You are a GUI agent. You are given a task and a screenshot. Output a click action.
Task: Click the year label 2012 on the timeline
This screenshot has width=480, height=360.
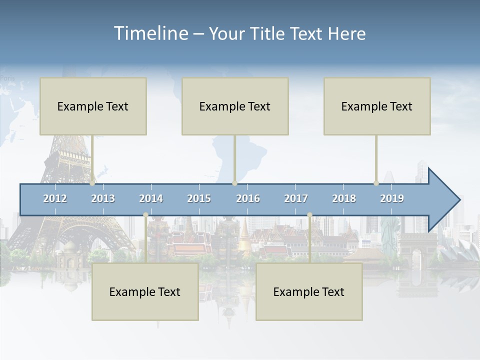pyautogui.click(x=55, y=198)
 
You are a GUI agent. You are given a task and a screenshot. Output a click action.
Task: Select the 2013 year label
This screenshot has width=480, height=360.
pyautogui.click(x=103, y=198)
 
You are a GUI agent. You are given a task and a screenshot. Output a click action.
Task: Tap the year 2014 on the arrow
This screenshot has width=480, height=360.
pyautogui.click(x=151, y=198)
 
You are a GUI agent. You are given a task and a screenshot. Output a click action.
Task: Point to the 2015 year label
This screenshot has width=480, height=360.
pyautogui.click(x=199, y=198)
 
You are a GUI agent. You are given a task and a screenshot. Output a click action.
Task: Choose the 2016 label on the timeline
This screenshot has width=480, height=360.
pyautogui.click(x=248, y=198)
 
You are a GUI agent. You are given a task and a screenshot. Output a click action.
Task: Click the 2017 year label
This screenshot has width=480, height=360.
pyautogui.click(x=296, y=198)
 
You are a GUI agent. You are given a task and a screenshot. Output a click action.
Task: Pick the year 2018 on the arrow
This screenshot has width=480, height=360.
pyautogui.click(x=344, y=198)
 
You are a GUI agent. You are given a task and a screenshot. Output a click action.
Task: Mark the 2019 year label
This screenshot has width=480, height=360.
pyautogui.click(x=392, y=198)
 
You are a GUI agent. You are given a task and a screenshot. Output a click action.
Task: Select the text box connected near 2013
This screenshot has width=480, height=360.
pyautogui.click(x=93, y=106)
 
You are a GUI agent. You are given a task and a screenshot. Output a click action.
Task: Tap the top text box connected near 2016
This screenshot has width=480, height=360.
pyautogui.click(x=235, y=106)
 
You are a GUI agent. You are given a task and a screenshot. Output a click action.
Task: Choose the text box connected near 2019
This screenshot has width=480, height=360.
pyautogui.click(x=377, y=106)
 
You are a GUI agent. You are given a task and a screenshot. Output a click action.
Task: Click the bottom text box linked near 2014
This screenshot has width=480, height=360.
pyautogui.click(x=145, y=291)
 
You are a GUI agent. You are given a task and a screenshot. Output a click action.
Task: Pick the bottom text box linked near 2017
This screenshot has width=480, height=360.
pyautogui.click(x=309, y=291)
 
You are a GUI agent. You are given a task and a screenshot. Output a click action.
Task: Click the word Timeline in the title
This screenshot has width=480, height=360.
pyautogui.click(x=150, y=33)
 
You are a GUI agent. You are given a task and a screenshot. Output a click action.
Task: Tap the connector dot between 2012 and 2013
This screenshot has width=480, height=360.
pyautogui.click(x=92, y=183)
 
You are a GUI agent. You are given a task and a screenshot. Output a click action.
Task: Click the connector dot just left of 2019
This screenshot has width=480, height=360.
pyautogui.click(x=376, y=183)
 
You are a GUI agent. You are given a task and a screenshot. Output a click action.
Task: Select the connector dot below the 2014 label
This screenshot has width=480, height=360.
pyautogui.click(x=145, y=215)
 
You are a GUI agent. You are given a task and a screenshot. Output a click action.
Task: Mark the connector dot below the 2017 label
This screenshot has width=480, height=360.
pyautogui.click(x=309, y=215)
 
